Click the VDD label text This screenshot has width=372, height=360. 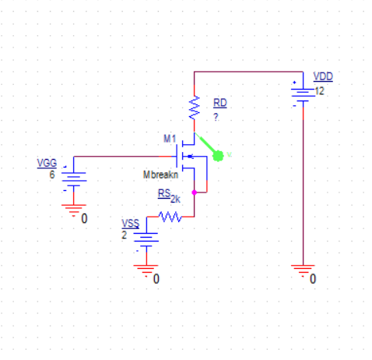tap(322, 76)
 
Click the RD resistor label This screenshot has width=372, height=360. tap(220, 103)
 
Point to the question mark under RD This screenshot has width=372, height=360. tap(216, 116)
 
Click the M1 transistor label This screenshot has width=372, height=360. tap(170, 138)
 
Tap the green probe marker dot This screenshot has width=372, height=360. tap(219, 155)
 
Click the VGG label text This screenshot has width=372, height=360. tap(47, 163)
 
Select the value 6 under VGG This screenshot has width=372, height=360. tap(51, 175)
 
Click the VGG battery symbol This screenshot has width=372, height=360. tap(75, 176)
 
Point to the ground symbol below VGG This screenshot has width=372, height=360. tap(75, 209)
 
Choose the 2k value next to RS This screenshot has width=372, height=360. tap(175, 199)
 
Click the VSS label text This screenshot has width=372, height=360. tap(131, 223)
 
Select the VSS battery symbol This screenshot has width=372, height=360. tap(146, 237)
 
